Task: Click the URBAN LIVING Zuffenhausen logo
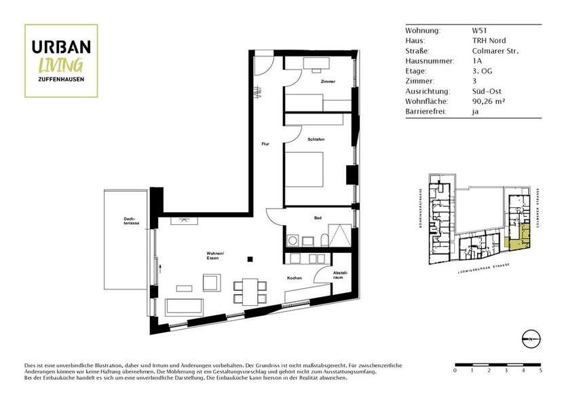pos(61,60)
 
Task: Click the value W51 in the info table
pos(479,31)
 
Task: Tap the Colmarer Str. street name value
pos(495,50)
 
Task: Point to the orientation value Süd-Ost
pos(487,90)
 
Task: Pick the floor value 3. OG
pos(482,71)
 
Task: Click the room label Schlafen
pos(316,139)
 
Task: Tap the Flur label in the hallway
pos(266,144)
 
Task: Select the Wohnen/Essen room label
pos(215,257)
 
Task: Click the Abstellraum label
pos(340,275)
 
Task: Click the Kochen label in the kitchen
pos(294,279)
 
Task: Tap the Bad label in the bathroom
pos(317,218)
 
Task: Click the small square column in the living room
pos(250,258)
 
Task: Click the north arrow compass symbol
pos(531,337)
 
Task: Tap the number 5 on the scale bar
pos(541,372)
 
